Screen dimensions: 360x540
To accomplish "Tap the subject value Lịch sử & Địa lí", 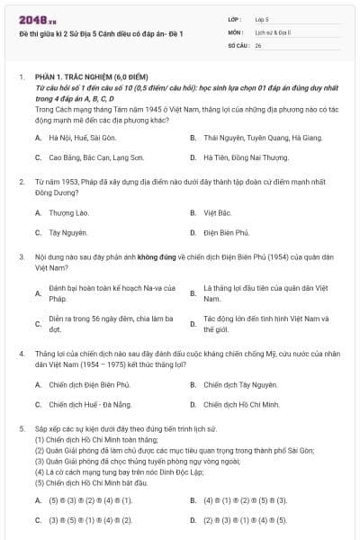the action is [x=274, y=31].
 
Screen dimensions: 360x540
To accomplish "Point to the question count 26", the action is [x=259, y=43].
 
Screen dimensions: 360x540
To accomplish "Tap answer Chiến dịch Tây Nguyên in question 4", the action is [x=239, y=385].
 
